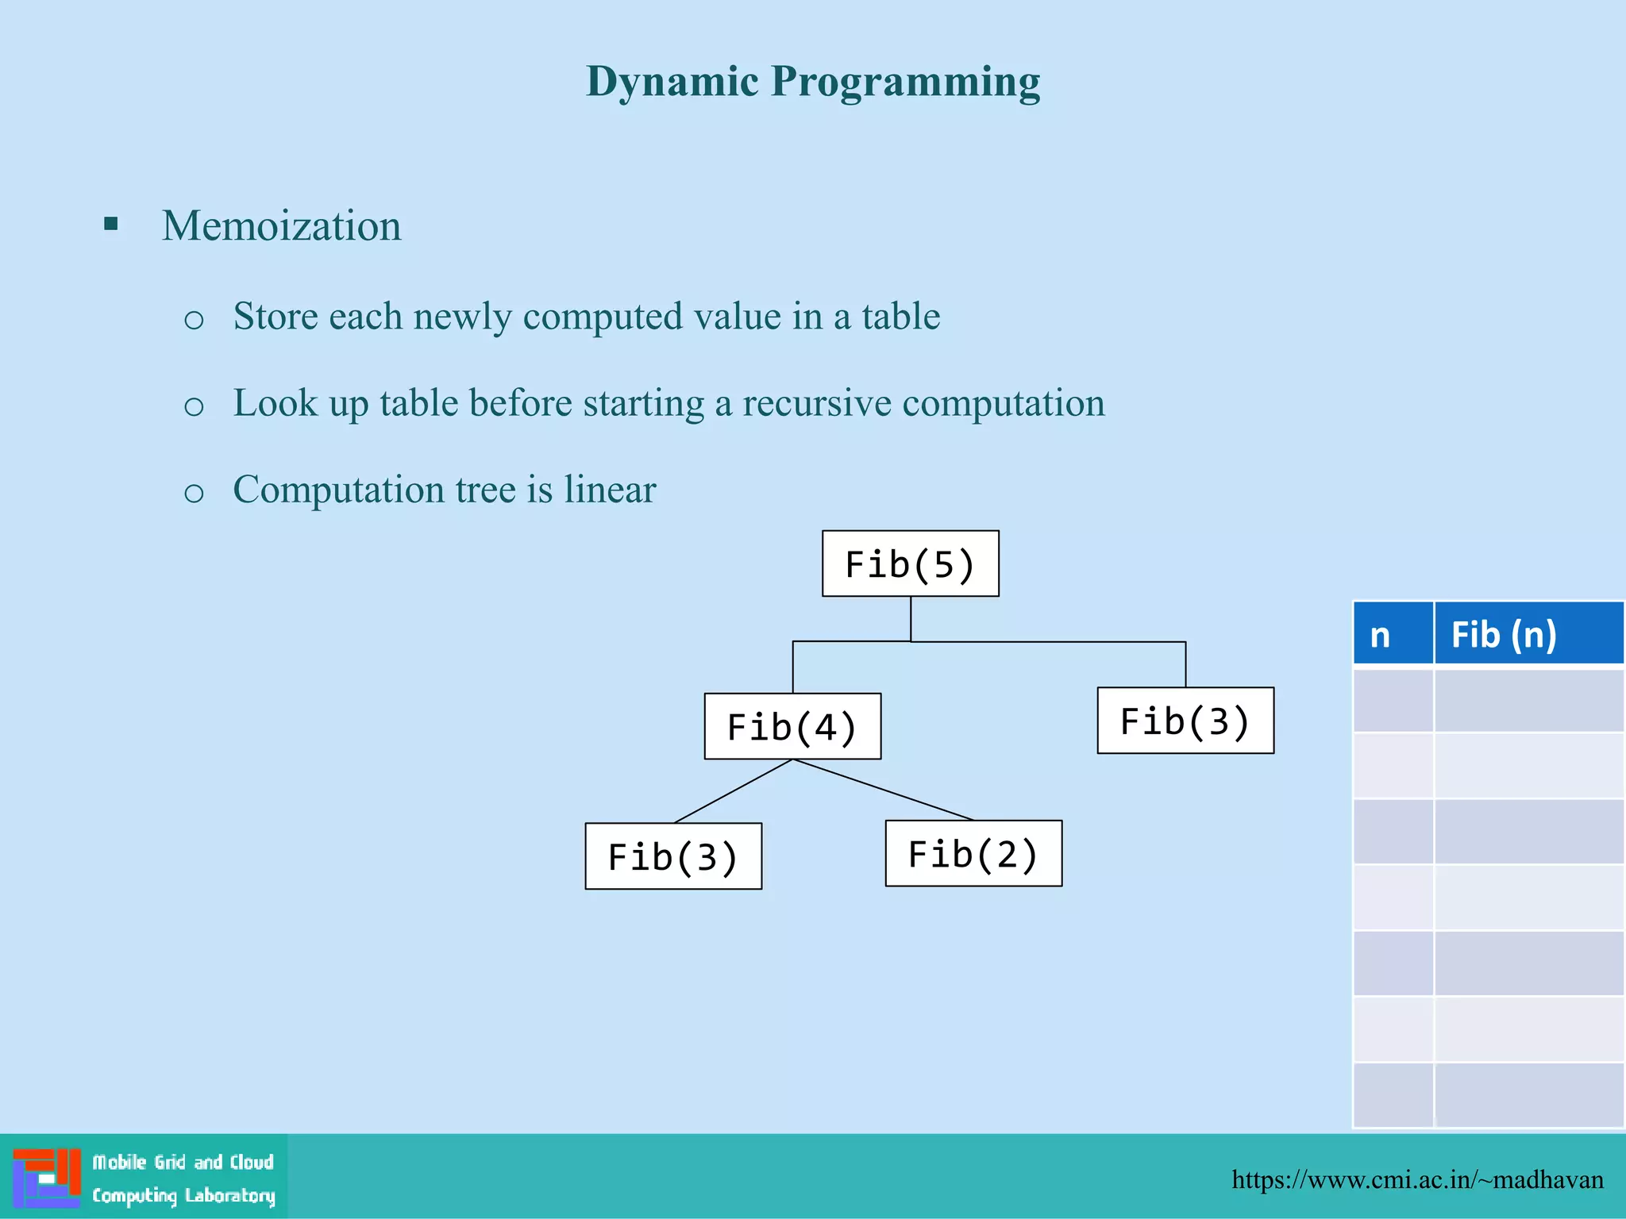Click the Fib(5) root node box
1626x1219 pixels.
910,563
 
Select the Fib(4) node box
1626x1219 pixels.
792,726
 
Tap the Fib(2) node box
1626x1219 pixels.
973,853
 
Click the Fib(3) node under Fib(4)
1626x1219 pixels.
673,856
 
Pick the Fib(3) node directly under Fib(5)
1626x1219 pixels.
1185,721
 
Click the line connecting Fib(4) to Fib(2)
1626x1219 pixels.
883,790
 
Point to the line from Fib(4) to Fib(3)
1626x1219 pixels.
733,791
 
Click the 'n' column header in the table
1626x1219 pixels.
1381,634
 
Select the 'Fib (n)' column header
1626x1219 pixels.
1504,634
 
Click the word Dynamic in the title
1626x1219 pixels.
672,82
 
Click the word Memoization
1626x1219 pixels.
282,225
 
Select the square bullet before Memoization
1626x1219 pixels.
111,224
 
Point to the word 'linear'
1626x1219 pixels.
610,489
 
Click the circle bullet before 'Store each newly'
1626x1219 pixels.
194,320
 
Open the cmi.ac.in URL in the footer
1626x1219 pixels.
1417,1179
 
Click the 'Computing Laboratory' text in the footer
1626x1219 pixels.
183,1195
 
